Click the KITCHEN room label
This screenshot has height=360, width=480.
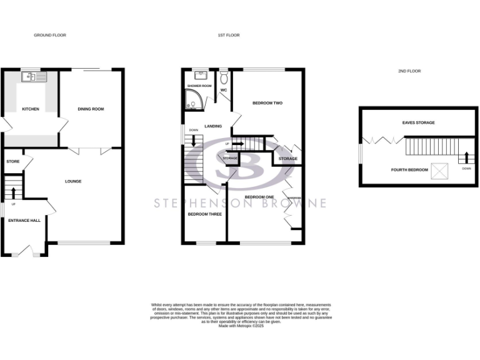point(31,109)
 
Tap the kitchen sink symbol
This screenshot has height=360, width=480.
point(29,77)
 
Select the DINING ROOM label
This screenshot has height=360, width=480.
point(91,109)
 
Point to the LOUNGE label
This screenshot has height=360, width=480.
point(74,181)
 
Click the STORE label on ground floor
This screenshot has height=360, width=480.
point(13,161)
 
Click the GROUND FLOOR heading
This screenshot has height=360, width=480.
point(50,36)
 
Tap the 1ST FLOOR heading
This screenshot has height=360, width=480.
point(229,36)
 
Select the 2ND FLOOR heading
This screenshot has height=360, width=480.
point(409,71)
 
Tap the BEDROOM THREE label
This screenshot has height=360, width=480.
point(205,214)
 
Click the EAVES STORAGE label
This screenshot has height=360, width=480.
point(419,122)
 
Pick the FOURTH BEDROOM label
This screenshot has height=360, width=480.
point(409,170)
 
